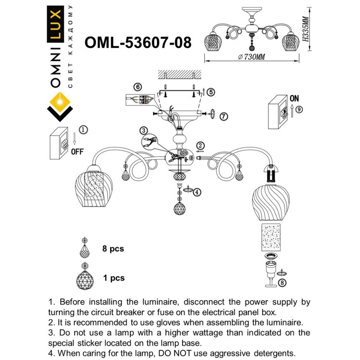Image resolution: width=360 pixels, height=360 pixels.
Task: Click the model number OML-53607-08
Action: point(138,43)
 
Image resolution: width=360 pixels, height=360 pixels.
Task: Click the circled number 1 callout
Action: point(84,130)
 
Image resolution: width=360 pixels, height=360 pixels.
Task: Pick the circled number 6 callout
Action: point(138,87)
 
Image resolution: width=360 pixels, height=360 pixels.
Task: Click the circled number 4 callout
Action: point(197,192)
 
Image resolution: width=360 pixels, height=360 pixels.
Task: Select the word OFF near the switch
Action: point(77,151)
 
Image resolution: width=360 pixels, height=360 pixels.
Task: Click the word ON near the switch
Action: point(294,98)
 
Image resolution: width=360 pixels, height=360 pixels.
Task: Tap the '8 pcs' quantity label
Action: point(113,249)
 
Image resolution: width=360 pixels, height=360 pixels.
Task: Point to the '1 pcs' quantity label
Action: point(113,278)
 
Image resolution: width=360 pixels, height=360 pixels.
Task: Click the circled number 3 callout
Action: point(144,130)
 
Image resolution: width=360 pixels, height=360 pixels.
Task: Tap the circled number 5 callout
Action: point(211,92)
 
